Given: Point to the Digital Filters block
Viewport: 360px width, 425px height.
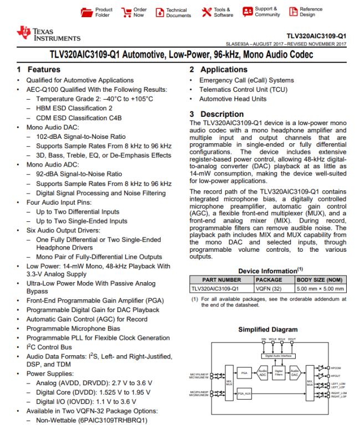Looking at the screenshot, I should pos(279,373).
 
